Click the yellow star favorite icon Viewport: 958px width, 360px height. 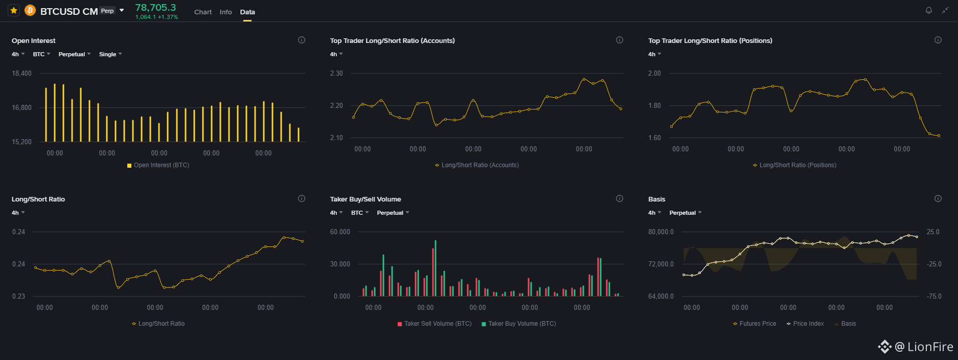(x=14, y=10)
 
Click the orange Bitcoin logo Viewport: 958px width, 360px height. (x=30, y=10)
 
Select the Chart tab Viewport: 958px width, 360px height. (x=203, y=12)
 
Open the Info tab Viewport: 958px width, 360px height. (x=226, y=12)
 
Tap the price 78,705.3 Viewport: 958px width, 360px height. (x=155, y=7)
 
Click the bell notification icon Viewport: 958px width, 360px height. (x=929, y=10)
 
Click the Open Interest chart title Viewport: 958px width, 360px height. (x=34, y=41)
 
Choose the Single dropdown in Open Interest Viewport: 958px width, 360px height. (x=110, y=54)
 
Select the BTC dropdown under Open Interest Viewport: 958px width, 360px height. (x=41, y=54)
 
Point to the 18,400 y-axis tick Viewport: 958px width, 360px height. (x=21, y=73)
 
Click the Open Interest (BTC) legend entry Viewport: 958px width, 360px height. (x=158, y=165)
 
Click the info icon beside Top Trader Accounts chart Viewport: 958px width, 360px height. (x=620, y=40)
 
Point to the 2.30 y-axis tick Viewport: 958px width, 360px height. (x=336, y=73)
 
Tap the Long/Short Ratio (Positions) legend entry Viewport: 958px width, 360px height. (x=794, y=165)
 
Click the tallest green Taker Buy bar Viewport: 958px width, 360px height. (x=436, y=268)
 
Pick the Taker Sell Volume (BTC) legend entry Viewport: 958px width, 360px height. (x=435, y=324)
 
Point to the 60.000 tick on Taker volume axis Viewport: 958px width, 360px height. (x=340, y=232)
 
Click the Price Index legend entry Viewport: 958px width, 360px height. (x=805, y=324)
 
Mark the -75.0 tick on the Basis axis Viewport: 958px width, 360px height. (x=934, y=296)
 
